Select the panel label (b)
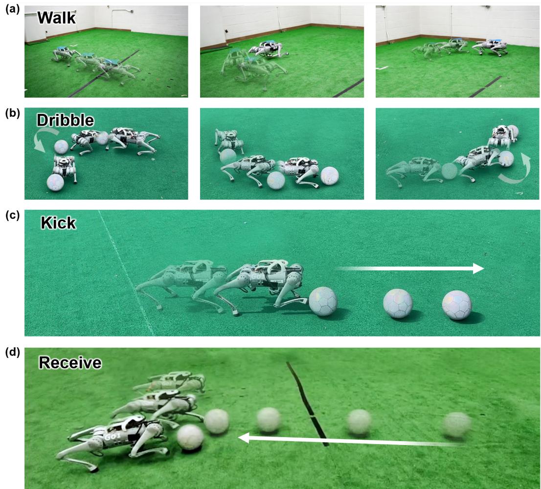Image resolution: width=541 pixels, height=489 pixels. [x=10, y=112]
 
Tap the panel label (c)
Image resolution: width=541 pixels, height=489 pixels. [x=10, y=215]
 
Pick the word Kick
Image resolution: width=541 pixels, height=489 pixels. [x=58, y=223]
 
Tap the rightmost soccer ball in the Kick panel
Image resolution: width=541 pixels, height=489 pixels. [x=457, y=306]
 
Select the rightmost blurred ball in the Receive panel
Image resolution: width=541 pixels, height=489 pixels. [x=457, y=425]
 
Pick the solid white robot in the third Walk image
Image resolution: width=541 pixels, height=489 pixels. [x=490, y=47]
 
